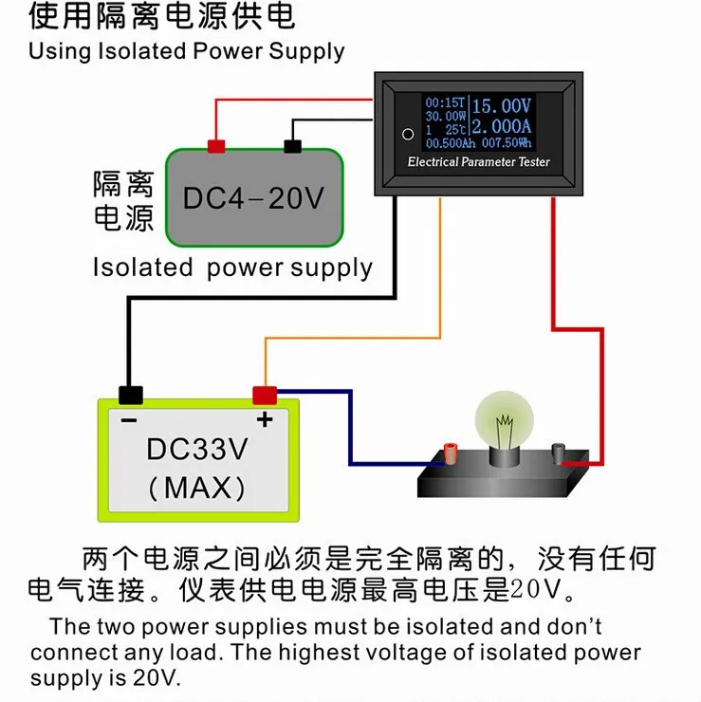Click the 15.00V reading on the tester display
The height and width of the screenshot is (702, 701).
[x=502, y=106]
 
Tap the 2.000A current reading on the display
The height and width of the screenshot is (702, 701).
[x=502, y=126]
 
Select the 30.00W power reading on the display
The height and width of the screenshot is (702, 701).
[x=446, y=117]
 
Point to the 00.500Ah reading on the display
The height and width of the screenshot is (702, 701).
[x=451, y=143]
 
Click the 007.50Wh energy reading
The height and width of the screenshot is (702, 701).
[x=507, y=143]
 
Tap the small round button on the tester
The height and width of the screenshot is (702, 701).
[x=408, y=134]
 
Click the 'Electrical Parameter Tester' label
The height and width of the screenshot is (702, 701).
[x=478, y=161]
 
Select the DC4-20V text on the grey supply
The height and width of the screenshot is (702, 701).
[x=253, y=198]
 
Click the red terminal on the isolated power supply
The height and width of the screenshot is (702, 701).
[x=216, y=146]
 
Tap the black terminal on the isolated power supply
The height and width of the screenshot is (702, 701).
[x=293, y=146]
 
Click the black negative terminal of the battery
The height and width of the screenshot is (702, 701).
[x=131, y=396]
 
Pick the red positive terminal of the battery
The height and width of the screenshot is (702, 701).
[x=265, y=396]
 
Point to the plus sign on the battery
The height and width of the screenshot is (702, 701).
[x=265, y=419]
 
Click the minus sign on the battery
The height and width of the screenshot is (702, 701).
[x=129, y=420]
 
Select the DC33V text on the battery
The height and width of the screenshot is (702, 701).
[x=197, y=449]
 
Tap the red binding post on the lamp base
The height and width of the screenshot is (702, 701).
[x=451, y=453]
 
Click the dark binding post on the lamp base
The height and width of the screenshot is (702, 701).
[x=558, y=453]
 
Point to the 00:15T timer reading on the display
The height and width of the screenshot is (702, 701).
[x=446, y=103]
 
